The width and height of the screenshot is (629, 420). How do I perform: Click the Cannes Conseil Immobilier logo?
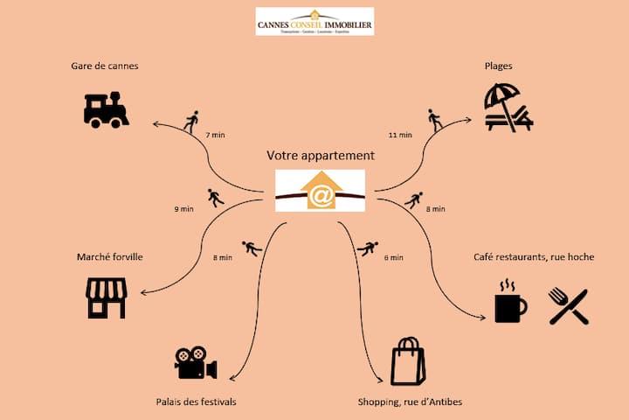pyautogui.click(x=314, y=21)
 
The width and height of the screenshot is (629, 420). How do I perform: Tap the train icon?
pyautogui.click(x=106, y=108)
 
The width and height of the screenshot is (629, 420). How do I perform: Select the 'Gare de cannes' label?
pyautogui.click(x=105, y=66)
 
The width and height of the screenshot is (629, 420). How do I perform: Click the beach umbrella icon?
pyautogui.click(x=507, y=108)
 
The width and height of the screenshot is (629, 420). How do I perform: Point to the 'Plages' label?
pyautogui.click(x=499, y=66)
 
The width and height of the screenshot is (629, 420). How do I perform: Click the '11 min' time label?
pyautogui.click(x=399, y=136)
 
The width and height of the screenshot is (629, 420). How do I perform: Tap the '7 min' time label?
pyautogui.click(x=215, y=136)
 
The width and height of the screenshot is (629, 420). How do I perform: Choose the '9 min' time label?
pyautogui.click(x=183, y=209)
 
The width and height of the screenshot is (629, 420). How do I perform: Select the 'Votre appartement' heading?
pyautogui.click(x=321, y=156)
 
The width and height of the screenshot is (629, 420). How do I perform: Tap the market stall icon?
pyautogui.click(x=106, y=297)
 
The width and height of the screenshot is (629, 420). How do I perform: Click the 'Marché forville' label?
pyautogui.click(x=109, y=257)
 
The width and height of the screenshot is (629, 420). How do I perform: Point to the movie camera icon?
pyautogui.click(x=196, y=363)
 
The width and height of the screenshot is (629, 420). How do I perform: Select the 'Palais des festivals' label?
pyautogui.click(x=196, y=402)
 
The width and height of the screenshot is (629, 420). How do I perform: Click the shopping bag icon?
pyautogui.click(x=407, y=361)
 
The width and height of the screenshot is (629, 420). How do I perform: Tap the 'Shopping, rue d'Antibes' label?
pyautogui.click(x=410, y=402)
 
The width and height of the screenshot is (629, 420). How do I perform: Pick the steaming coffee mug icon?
pyautogui.click(x=509, y=303)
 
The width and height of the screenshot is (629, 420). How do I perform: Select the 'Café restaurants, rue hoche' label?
pyautogui.click(x=534, y=257)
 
